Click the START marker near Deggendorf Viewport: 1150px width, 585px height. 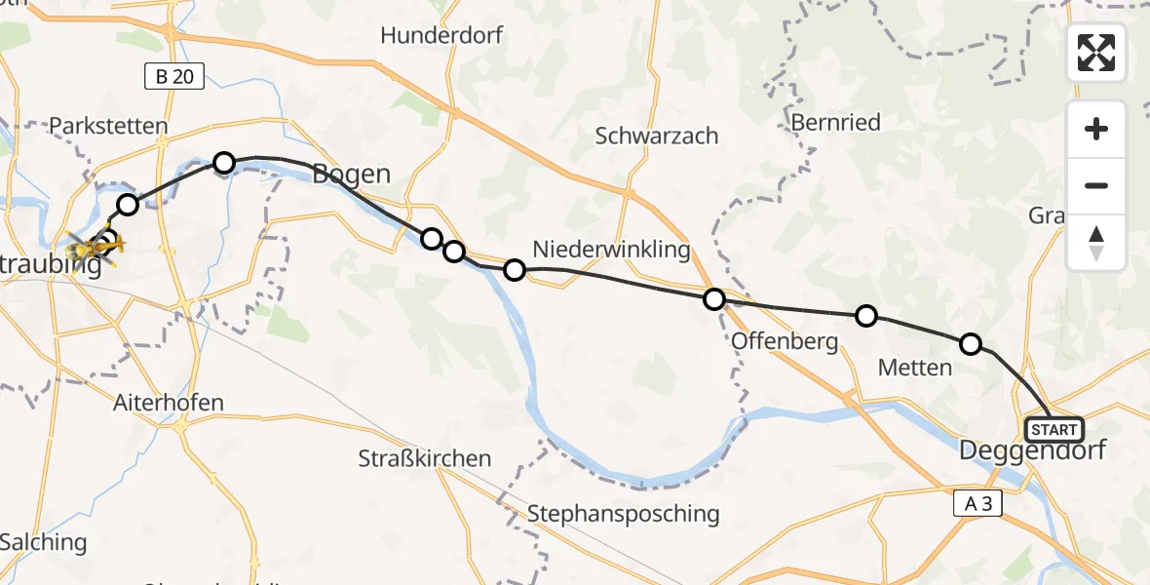(1054, 430)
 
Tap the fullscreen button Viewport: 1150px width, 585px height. (1096, 53)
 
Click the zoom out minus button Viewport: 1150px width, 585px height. (1096, 185)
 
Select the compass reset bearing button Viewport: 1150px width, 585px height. (1096, 243)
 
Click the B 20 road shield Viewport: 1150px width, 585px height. (174, 77)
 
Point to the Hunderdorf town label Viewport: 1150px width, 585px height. (441, 36)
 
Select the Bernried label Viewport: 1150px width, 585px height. (835, 123)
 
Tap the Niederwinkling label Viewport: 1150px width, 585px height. (611, 250)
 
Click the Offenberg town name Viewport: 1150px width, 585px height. (784, 341)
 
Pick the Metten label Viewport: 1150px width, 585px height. (914, 368)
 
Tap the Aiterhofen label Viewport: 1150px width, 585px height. (169, 403)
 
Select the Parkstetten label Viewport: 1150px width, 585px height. (108, 127)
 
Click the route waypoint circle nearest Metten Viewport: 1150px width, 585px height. (970, 343)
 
